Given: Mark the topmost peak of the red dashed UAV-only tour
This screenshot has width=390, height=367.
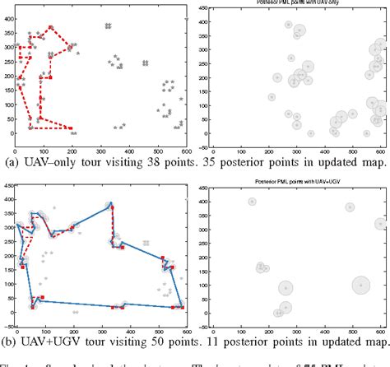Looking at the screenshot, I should click(51, 27).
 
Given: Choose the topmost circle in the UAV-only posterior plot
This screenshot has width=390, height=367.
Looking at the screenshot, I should click(289, 25).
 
